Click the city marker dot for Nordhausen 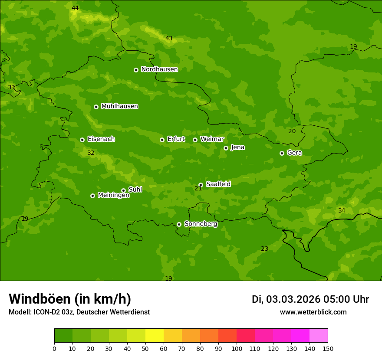tap(136, 70)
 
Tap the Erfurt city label tap(176, 139)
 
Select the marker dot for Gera tap(282, 153)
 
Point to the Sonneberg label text tap(201, 224)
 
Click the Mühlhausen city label tap(119, 106)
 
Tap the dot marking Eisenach tap(82, 140)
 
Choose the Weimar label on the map tap(212, 139)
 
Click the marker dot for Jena tap(226, 148)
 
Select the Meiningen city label tap(113, 195)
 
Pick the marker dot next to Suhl tap(123, 190)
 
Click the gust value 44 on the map tap(75, 8)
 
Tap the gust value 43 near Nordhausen tap(169, 39)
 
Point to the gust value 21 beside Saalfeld tap(198, 188)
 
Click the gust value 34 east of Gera tap(342, 211)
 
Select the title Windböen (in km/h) tap(70, 299)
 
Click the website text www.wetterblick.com tap(313, 312)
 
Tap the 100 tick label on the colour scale tap(237, 348)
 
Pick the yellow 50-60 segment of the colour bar tap(155, 336)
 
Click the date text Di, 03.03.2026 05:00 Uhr tap(310, 299)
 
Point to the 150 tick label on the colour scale tap(327, 348)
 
